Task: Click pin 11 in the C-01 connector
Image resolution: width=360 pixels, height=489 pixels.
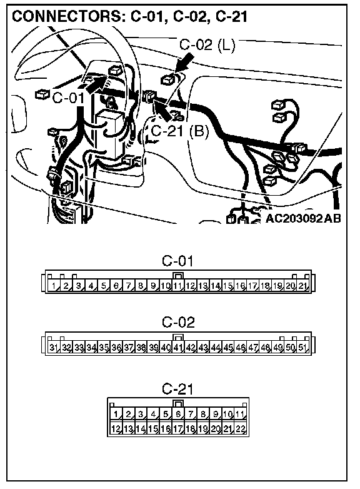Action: [178, 285]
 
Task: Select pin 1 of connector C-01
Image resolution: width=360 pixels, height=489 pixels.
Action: [54, 285]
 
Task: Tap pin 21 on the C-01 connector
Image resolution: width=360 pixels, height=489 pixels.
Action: [302, 285]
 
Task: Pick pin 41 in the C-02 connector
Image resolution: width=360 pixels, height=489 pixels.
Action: [178, 347]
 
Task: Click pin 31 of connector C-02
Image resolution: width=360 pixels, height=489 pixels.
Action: [54, 347]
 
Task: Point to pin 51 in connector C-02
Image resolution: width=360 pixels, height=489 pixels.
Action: [302, 347]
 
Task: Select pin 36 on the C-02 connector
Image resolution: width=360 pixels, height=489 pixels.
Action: [116, 347]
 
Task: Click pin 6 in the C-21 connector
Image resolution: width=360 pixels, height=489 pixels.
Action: [178, 414]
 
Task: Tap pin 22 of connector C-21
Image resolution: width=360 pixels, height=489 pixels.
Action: [240, 428]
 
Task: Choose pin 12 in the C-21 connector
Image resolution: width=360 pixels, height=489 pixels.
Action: [116, 428]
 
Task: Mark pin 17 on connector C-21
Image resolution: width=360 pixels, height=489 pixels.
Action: [178, 428]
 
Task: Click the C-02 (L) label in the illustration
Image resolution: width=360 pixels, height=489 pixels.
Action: [207, 45]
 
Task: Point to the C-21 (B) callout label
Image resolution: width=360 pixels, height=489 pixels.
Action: [179, 131]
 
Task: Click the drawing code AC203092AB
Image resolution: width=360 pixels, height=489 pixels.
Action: [303, 218]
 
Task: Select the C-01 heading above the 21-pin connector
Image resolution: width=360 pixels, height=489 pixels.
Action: [177, 261]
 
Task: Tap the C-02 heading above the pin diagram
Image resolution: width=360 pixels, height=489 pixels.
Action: [178, 322]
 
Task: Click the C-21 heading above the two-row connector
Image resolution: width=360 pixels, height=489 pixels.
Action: [177, 388]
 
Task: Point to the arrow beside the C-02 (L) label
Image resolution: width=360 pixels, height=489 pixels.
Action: [184, 64]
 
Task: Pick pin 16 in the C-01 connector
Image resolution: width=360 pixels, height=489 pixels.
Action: [240, 285]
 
